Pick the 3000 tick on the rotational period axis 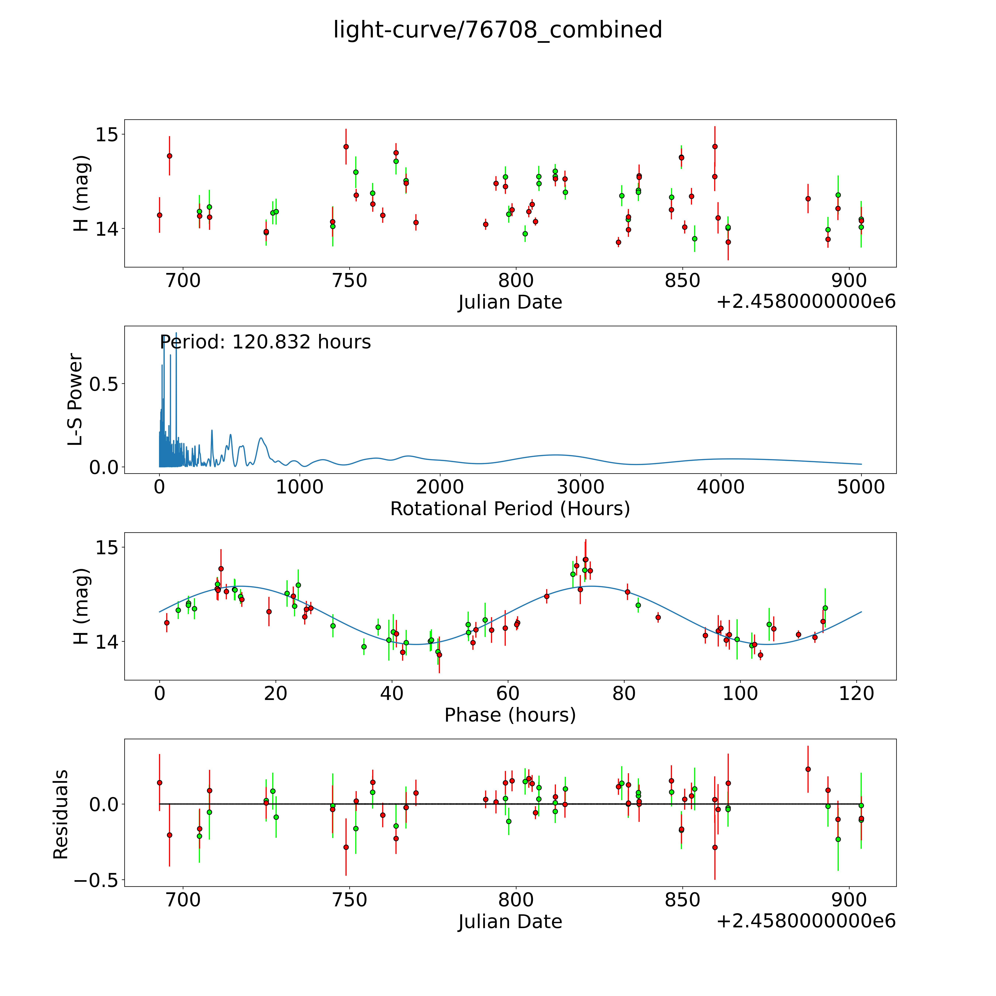pos(580,487)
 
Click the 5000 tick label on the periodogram pos(861,487)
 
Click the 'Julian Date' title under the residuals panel pos(510,921)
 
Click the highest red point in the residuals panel pos(808,769)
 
